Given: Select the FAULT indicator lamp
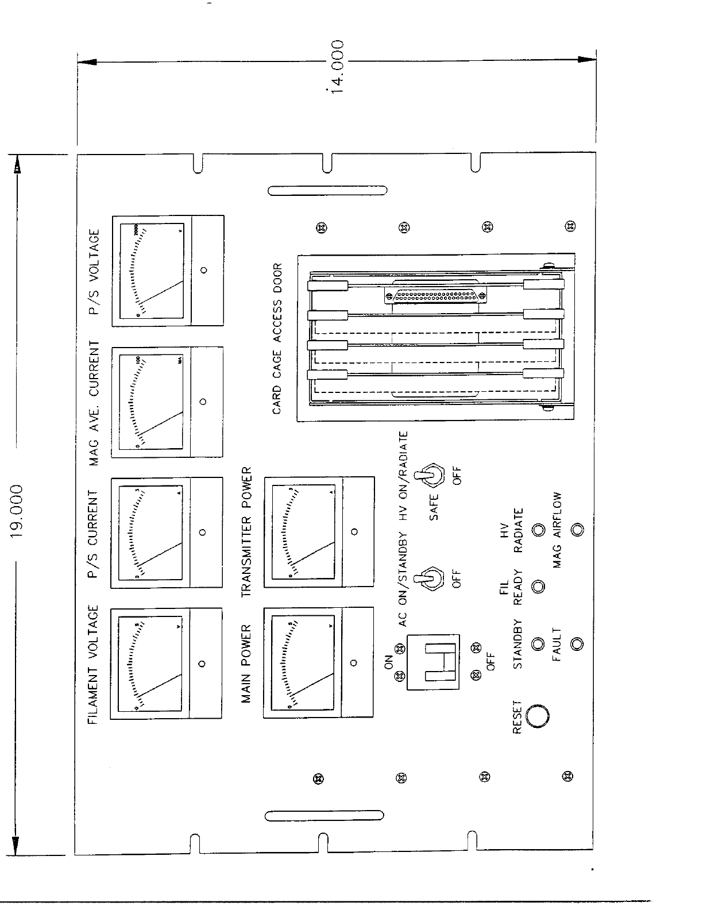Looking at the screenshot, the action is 577,643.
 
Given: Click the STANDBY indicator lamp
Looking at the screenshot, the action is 538,644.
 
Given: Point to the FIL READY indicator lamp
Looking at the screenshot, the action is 538,587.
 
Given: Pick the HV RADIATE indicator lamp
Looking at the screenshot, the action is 538,530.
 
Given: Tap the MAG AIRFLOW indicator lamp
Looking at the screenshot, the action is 577,530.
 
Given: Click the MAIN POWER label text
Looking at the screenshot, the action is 246,664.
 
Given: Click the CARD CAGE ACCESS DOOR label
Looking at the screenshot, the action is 277,339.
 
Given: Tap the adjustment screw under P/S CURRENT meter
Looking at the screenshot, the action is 202,532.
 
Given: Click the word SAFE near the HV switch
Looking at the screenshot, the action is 434,507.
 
